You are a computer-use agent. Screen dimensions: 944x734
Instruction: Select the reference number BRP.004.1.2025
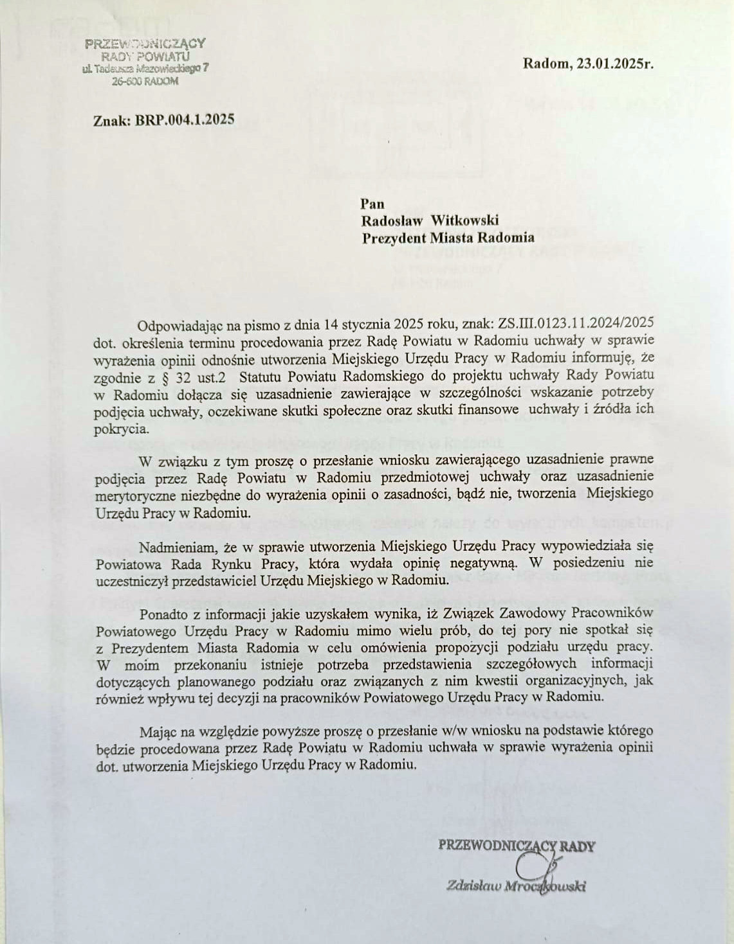coord(185,120)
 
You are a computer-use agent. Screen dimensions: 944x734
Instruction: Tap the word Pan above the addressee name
coord(373,204)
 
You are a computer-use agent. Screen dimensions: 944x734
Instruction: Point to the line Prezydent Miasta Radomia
coord(448,237)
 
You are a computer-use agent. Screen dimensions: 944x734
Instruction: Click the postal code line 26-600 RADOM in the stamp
coord(145,82)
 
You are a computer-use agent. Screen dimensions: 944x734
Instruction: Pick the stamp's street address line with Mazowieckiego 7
coord(145,69)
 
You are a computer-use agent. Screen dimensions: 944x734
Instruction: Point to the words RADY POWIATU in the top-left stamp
coord(145,57)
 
